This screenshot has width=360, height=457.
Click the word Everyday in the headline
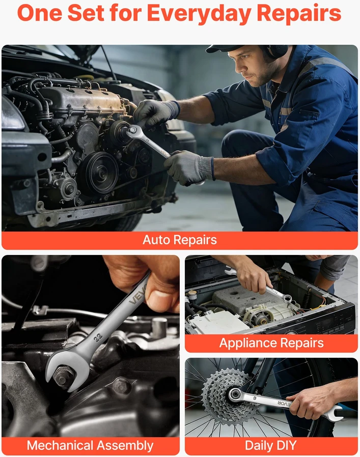point(199,13)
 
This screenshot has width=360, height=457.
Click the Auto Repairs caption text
point(180,240)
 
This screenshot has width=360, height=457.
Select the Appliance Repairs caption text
point(271,343)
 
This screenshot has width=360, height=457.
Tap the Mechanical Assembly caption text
point(90,446)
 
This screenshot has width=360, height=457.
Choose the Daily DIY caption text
point(271,445)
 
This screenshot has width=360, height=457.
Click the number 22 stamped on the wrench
point(98,337)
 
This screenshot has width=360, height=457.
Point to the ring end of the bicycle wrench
point(235,395)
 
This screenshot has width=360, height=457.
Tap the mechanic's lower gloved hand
point(189,167)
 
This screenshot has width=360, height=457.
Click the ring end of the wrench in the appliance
point(288,298)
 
